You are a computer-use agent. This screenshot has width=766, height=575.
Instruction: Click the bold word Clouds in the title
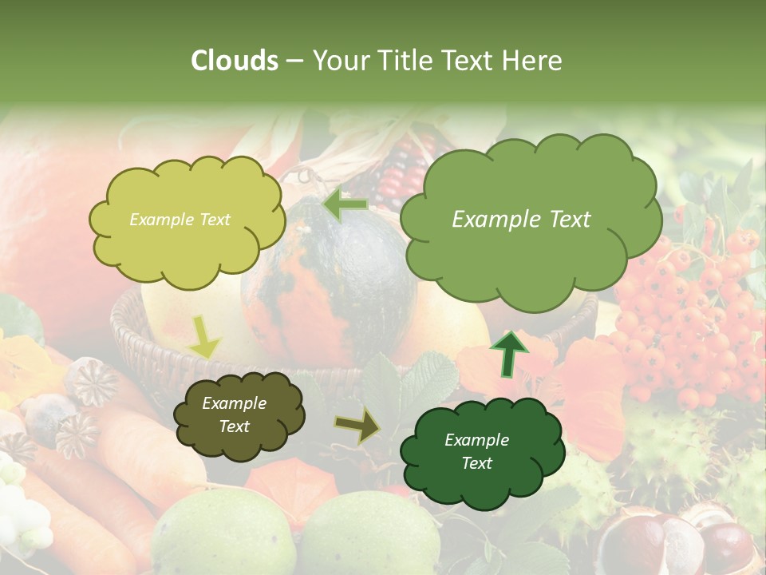(x=235, y=61)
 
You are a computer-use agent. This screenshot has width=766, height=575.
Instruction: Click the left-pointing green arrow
(x=345, y=204)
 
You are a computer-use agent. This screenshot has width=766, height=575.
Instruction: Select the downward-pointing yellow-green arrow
(x=203, y=336)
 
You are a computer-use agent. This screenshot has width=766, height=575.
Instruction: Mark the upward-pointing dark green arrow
(x=509, y=353)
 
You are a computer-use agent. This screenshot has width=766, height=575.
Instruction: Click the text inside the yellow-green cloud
(x=180, y=220)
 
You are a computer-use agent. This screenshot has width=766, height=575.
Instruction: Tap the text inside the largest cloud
(x=521, y=220)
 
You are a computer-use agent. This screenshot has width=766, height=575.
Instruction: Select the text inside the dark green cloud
(x=476, y=451)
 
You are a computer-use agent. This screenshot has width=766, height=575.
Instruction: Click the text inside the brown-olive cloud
(x=234, y=414)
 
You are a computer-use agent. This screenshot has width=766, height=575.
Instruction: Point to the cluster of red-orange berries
(x=686, y=319)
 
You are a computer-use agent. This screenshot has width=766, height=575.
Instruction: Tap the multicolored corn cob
(x=403, y=172)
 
